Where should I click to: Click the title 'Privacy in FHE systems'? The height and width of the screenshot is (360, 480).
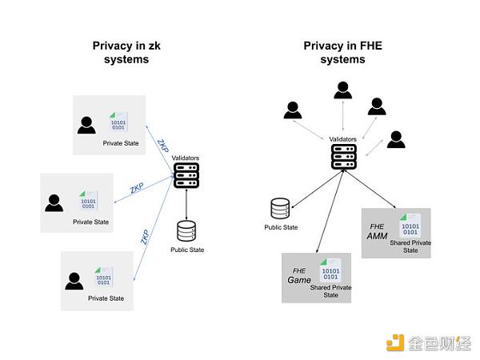pos(342,53)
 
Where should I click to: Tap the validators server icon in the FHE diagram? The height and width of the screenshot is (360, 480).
pos(343,155)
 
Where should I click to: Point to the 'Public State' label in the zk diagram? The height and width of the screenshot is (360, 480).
pos(187,250)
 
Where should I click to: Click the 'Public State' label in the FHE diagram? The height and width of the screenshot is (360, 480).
pos(281,227)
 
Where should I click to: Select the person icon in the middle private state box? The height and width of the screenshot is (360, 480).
pos(54,202)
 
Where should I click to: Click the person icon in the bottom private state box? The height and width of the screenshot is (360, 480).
pos(74,281)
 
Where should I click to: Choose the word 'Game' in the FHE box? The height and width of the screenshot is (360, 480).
pos(298,281)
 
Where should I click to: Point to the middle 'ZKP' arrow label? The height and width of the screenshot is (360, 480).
pos(138,190)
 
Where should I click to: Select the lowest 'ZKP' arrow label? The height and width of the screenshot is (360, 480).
pos(145,237)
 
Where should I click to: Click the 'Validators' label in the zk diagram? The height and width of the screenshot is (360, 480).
pos(186,158)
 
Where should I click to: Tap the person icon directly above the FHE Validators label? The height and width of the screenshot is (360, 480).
pos(343,90)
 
